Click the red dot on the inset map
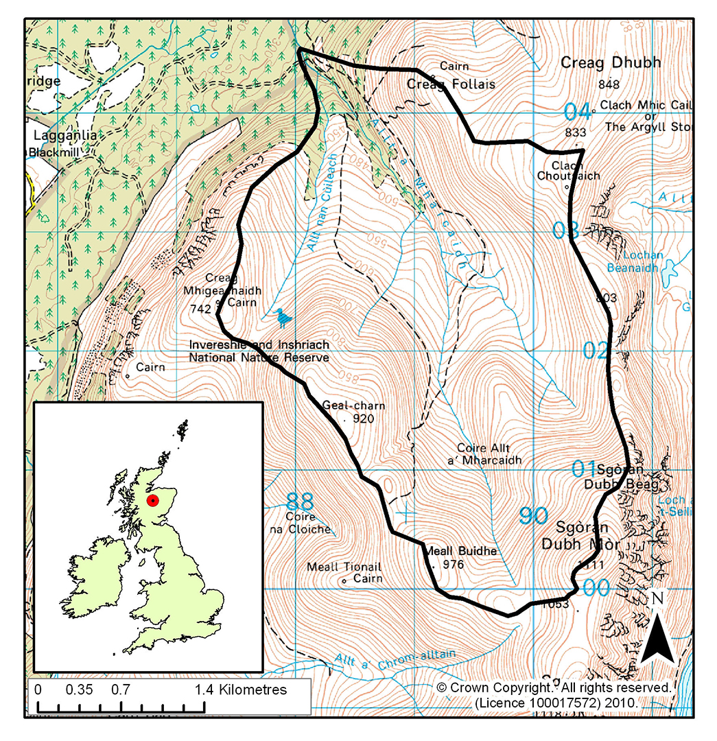(x=153, y=500)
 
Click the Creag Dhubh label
(x=611, y=62)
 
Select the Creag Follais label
(x=451, y=84)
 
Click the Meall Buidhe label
(x=449, y=551)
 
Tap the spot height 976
(x=454, y=565)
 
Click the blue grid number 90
(x=533, y=515)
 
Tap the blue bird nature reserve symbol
(x=283, y=317)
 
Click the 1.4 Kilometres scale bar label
(x=240, y=690)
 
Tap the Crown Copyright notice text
(x=553, y=687)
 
